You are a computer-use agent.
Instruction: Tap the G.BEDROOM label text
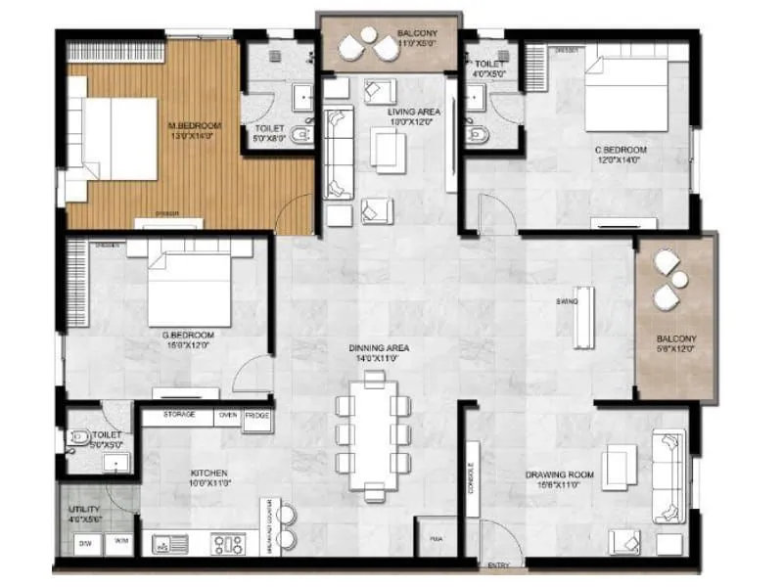pyautogui.click(x=189, y=335)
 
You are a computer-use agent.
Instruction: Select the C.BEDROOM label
pyautogui.click(x=621, y=150)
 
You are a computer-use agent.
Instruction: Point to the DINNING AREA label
pyautogui.click(x=379, y=347)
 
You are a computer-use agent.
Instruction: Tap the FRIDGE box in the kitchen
pyautogui.click(x=257, y=415)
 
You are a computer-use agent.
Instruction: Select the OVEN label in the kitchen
pyautogui.click(x=228, y=415)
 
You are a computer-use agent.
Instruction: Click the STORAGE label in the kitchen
pyautogui.click(x=178, y=415)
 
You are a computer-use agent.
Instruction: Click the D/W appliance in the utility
pyautogui.click(x=84, y=541)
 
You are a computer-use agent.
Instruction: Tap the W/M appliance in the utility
pyautogui.click(x=120, y=541)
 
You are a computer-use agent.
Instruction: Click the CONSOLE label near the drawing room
pyautogui.click(x=471, y=478)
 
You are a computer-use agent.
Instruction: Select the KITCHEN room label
pyautogui.click(x=208, y=474)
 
